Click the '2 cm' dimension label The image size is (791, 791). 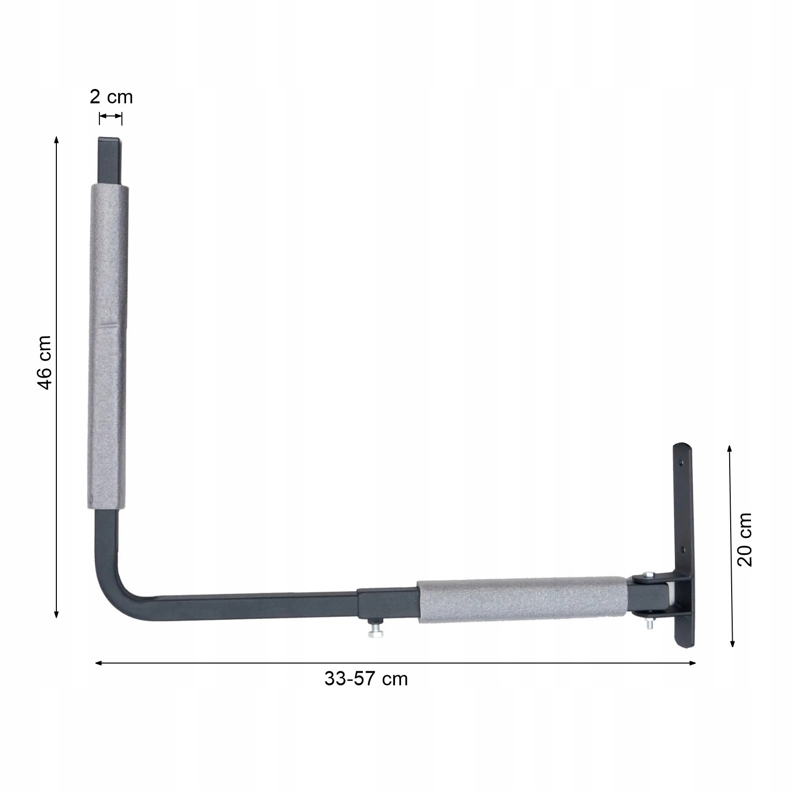click(111, 97)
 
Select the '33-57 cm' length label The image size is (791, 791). click(366, 679)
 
